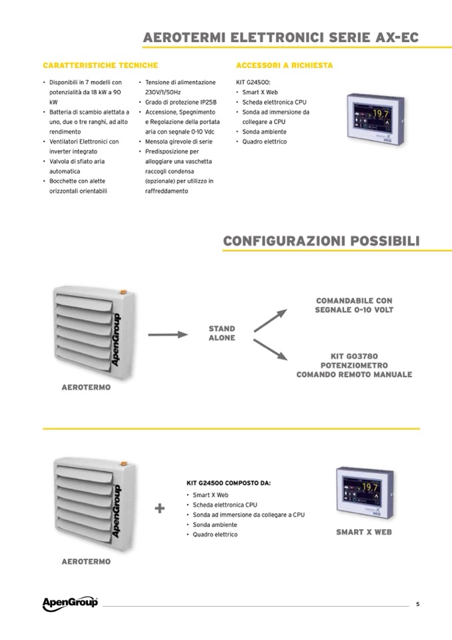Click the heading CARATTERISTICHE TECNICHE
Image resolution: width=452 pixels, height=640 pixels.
(100, 65)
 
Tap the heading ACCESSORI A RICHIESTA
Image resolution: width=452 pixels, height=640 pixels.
(284, 65)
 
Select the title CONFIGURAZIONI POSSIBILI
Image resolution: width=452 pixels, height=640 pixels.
(321, 240)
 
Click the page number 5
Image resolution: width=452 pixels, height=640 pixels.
(417, 605)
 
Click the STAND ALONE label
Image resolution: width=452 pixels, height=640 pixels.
(221, 334)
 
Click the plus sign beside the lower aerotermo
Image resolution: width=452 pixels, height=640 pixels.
(159, 509)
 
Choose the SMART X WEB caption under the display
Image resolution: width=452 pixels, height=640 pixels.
(363, 532)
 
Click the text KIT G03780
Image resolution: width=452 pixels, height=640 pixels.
(354, 356)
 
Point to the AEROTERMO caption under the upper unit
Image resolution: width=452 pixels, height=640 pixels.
(86, 387)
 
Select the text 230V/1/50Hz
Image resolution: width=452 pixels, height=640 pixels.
(167, 92)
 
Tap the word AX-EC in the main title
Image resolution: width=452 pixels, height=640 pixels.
(396, 37)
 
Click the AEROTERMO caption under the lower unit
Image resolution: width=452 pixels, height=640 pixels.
(86, 562)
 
